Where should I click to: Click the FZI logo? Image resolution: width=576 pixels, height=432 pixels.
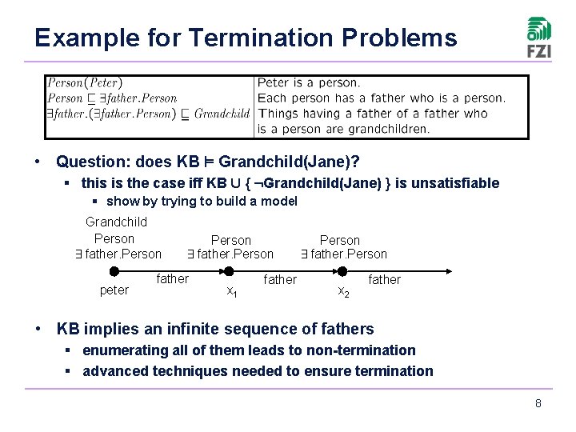pyautogui.click(x=538, y=37)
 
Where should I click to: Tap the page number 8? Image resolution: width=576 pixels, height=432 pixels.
pyautogui.click(x=538, y=403)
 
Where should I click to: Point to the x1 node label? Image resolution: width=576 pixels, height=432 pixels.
pyautogui.click(x=230, y=291)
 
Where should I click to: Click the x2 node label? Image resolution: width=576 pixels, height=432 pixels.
pyautogui.click(x=342, y=291)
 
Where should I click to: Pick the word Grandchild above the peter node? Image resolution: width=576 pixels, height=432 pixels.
pyautogui.click(x=116, y=222)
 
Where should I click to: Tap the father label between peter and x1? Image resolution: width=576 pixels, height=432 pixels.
pyautogui.click(x=173, y=279)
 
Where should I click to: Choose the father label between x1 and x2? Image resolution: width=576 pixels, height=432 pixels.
pyautogui.click(x=280, y=279)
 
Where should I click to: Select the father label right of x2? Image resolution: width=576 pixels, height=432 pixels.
pyautogui.click(x=384, y=279)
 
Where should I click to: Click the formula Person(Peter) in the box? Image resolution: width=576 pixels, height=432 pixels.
pyautogui.click(x=84, y=82)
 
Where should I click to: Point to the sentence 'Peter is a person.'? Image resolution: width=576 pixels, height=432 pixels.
pyautogui.click(x=309, y=82)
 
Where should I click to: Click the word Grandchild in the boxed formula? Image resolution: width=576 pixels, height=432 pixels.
pyautogui.click(x=222, y=114)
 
